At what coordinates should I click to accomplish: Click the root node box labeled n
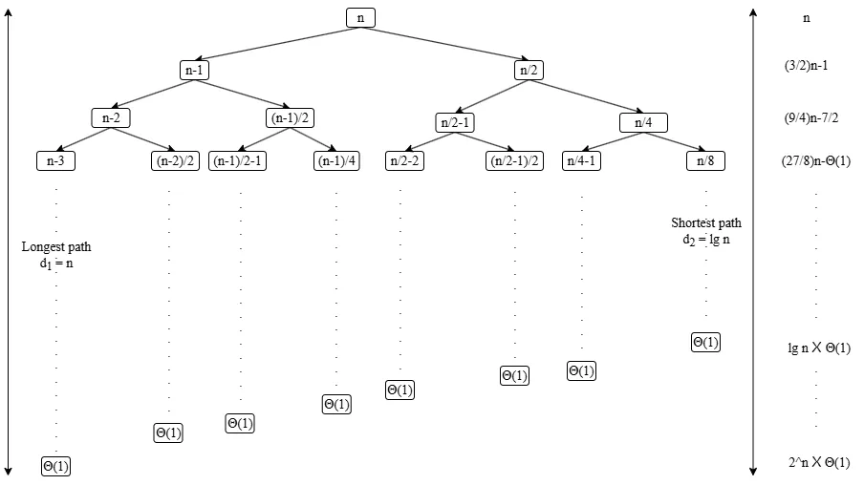pyautogui.click(x=360, y=18)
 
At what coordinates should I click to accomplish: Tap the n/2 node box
pyautogui.click(x=528, y=70)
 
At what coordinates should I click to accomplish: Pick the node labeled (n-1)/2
pyautogui.click(x=290, y=118)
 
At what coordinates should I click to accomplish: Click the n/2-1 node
pyautogui.click(x=455, y=122)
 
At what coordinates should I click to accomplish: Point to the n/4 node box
pyautogui.click(x=643, y=122)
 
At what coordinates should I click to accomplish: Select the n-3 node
pyautogui.click(x=55, y=160)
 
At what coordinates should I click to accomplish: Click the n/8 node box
pyautogui.click(x=705, y=160)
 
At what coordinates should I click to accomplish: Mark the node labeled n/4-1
pyautogui.click(x=581, y=160)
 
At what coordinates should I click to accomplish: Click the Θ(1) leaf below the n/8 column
pyautogui.click(x=705, y=342)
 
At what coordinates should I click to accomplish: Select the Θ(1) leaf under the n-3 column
pyautogui.click(x=55, y=466)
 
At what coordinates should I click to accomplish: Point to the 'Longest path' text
pyautogui.click(x=56, y=246)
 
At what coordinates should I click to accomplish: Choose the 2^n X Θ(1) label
pyautogui.click(x=819, y=463)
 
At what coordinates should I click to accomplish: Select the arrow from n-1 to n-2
pyautogui.click(x=153, y=94)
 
